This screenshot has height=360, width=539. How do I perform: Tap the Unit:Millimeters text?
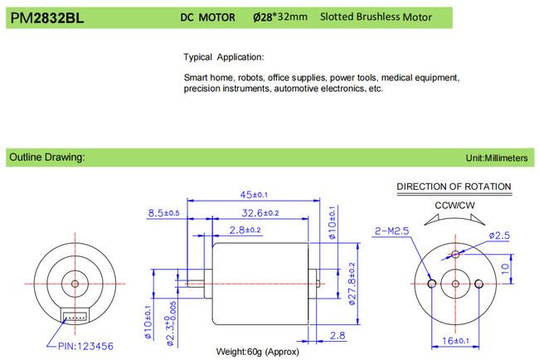(498, 157)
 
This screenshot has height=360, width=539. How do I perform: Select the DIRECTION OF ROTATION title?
(454, 187)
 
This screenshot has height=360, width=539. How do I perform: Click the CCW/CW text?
(454, 205)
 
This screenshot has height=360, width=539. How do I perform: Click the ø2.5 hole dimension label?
(501, 236)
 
